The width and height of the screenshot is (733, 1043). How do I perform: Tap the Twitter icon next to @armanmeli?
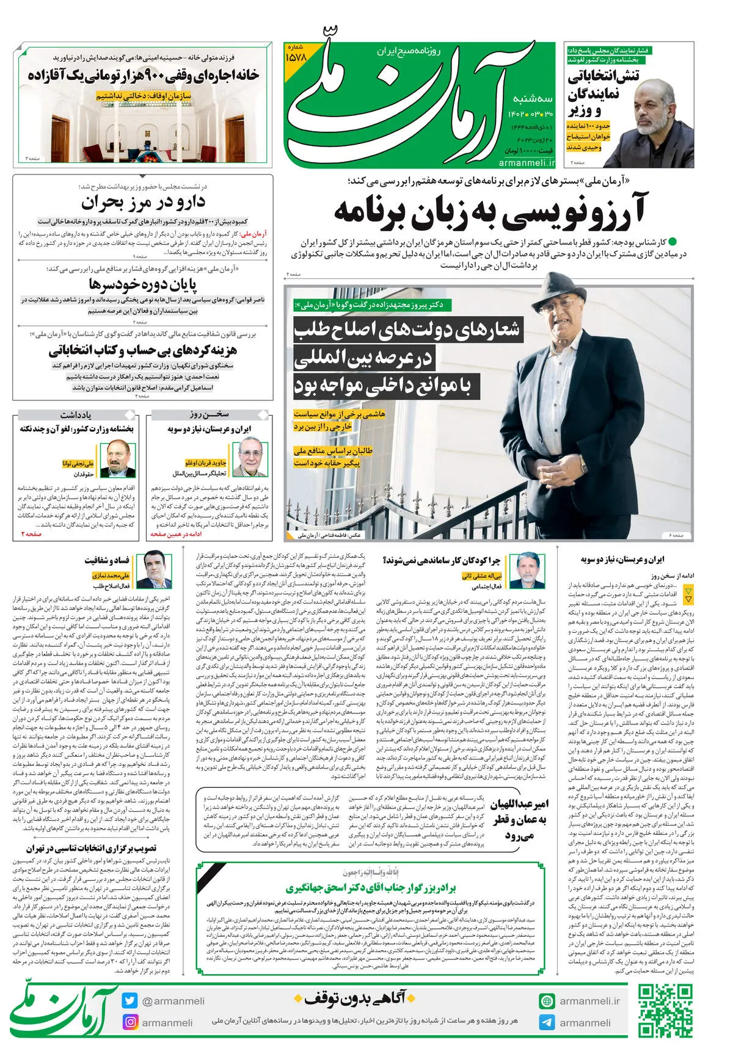[129, 1001]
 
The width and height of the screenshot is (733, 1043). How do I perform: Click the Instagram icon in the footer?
[130, 1022]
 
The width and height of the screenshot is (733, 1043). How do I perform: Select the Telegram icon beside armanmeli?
[547, 1022]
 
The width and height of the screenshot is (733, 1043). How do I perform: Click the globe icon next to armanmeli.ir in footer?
[547, 1001]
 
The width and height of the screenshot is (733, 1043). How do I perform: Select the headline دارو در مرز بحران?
[144, 202]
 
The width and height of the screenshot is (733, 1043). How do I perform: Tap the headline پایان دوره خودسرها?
[143, 284]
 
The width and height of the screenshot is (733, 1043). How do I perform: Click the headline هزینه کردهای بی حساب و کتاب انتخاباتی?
[143, 350]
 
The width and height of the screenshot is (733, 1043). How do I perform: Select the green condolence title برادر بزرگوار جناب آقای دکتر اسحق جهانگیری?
[371, 887]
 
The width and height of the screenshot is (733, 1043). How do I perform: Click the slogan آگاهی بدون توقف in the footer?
[355, 998]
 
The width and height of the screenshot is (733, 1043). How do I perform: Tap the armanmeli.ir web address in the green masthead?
[527, 163]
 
